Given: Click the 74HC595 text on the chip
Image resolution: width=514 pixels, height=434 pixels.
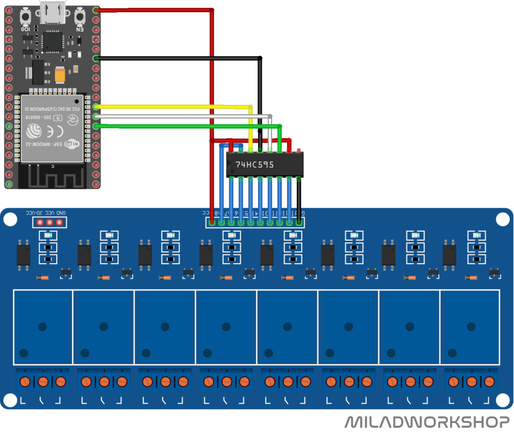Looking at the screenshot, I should coord(254,165).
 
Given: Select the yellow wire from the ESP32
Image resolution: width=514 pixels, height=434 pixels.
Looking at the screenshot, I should coord(173,106).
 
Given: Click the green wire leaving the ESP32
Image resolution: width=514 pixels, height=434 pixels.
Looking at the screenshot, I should coord(189,126).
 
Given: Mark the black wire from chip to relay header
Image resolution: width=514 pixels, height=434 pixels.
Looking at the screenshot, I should coord(299,199).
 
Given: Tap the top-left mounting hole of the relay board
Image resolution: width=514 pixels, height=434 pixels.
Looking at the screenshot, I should coord(9,219).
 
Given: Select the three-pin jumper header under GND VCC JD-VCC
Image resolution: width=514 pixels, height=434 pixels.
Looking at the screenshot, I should coord(49,223).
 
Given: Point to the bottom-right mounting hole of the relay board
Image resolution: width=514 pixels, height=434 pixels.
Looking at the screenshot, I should coord(504,401).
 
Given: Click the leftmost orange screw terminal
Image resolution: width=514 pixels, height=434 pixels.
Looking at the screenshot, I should coord(25,381).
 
